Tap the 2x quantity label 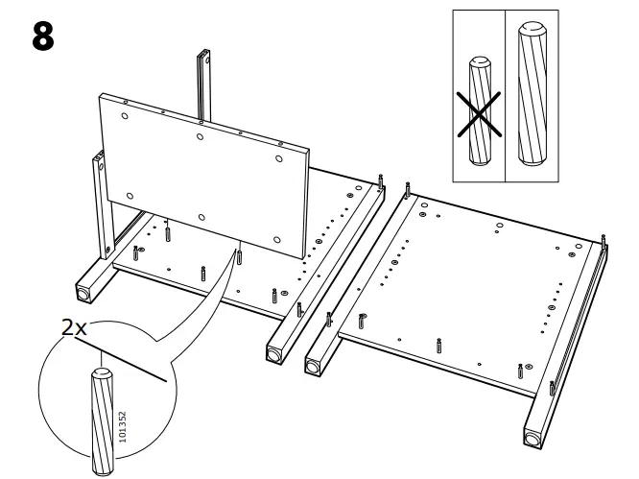[x=75, y=328]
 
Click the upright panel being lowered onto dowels [x=206, y=173]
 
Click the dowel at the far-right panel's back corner [x=603, y=239]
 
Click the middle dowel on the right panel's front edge [x=439, y=343]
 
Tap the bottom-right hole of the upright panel [x=276, y=239]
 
